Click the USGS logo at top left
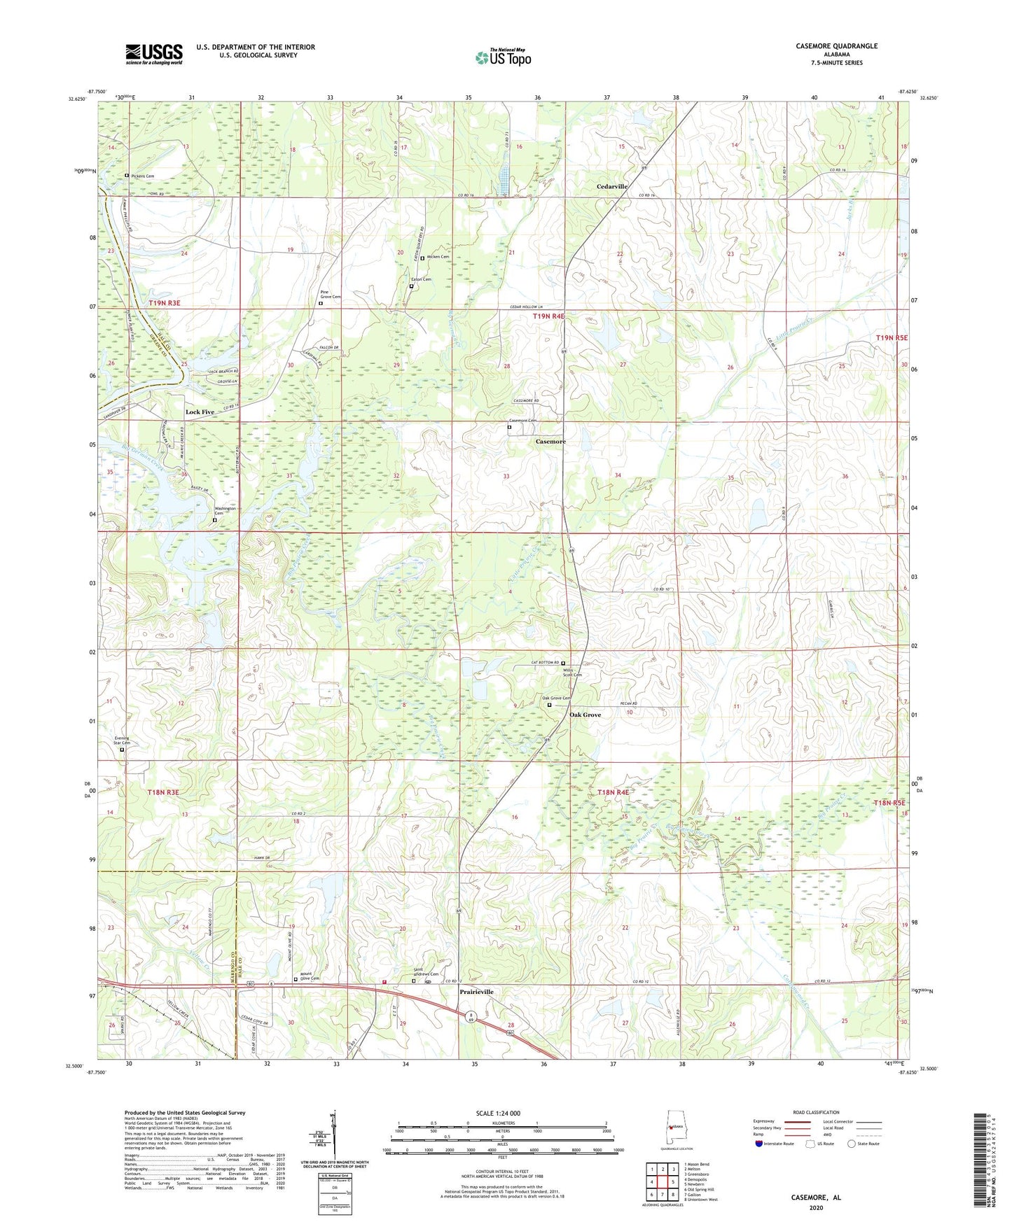click(154, 53)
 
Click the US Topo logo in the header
click(503, 57)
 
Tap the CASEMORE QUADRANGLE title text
click(836, 46)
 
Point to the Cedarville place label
click(611, 187)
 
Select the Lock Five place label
click(200, 412)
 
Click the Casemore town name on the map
click(550, 442)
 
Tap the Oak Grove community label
click(585, 715)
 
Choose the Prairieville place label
click(476, 992)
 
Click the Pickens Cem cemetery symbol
click(127, 175)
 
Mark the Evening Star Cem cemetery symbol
click(122, 750)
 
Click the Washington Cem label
click(225, 511)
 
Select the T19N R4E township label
click(548, 316)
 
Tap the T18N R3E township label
click(164, 792)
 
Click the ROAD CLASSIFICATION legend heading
click(816, 1112)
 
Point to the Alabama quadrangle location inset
click(670, 1127)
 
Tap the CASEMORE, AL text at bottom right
click(816, 1198)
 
